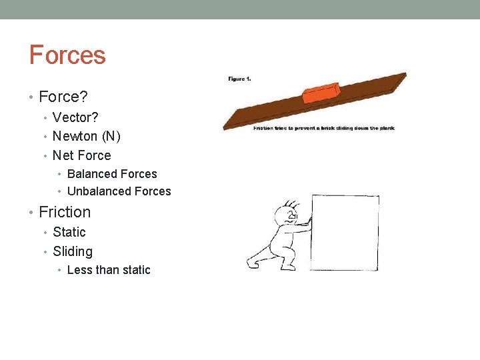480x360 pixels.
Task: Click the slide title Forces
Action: (x=67, y=55)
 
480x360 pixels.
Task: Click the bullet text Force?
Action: (x=63, y=97)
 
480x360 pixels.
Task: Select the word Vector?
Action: (x=75, y=117)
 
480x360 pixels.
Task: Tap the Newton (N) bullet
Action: (x=86, y=136)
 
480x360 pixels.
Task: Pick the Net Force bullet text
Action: (x=81, y=155)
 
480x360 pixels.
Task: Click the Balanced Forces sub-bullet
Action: (x=112, y=174)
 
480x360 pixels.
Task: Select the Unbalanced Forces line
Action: (x=119, y=191)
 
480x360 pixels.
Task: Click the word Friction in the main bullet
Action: (x=65, y=212)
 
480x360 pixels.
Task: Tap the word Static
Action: (x=69, y=232)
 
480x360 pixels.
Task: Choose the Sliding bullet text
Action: (x=73, y=251)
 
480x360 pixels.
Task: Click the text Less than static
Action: (x=109, y=270)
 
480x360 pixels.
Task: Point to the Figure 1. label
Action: (x=239, y=79)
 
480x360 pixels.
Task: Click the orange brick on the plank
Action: (x=321, y=93)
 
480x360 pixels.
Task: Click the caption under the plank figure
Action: (x=323, y=128)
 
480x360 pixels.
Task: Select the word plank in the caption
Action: (x=387, y=128)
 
